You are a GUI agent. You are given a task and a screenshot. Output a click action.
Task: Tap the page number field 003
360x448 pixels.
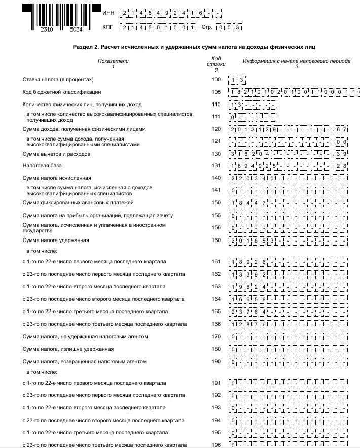[x=228, y=27]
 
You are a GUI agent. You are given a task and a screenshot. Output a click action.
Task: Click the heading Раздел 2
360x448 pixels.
[x=194, y=47]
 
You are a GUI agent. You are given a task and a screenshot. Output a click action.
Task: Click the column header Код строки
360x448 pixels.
[x=216, y=64]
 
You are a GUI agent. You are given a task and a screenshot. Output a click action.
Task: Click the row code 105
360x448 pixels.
[x=217, y=92]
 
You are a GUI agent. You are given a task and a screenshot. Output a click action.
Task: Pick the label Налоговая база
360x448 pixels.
[x=41, y=166]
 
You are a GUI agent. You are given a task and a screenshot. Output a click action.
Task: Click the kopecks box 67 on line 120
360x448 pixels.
[x=341, y=129]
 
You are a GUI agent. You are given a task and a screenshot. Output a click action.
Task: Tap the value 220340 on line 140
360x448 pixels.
[x=252, y=179]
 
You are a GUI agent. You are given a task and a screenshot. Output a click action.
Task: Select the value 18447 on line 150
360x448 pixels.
[x=249, y=203]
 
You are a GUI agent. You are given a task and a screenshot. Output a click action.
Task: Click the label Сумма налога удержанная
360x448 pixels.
[x=56, y=240]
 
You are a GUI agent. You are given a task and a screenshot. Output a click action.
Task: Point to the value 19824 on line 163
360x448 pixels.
[x=249, y=287]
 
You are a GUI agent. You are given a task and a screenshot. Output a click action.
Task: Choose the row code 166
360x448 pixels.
[x=217, y=324]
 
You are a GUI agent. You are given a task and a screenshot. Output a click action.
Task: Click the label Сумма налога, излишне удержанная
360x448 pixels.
[x=68, y=349]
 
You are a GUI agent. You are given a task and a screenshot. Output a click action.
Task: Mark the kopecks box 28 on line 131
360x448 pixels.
[x=341, y=166]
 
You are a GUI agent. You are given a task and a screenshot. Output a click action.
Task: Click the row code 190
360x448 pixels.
[x=217, y=361]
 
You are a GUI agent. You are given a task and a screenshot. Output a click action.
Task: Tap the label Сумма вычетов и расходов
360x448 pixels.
[x=56, y=154]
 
